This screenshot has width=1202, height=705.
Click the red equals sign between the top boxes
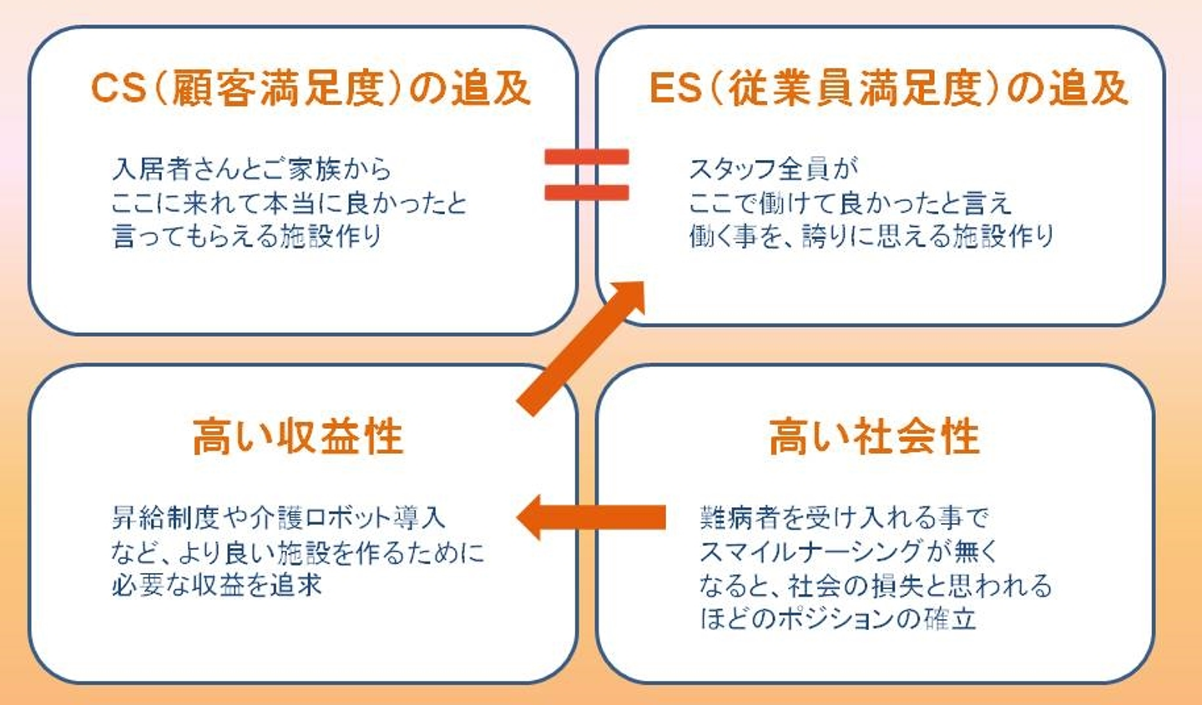pos(586,174)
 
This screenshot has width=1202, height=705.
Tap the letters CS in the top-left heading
pos(119,88)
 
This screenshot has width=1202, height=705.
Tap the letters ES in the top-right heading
pos(674,88)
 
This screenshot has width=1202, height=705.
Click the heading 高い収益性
pos(298,436)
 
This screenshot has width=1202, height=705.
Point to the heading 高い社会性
pos(874,436)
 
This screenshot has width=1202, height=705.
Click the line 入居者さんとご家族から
pos(251,169)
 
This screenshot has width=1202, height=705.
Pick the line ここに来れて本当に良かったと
pos(289,203)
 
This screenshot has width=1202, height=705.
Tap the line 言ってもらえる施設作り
pos(247,236)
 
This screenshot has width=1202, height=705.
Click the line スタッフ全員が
pos(773,169)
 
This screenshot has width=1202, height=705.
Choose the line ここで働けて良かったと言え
pos(850,203)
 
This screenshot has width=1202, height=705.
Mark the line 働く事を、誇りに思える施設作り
pos(871,236)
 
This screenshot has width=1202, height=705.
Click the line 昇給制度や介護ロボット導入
pos(278,518)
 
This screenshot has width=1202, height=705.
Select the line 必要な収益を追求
pos(217,585)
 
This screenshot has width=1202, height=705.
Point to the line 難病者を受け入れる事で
pos(844,518)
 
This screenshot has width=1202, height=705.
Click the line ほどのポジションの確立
pos(837,619)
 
